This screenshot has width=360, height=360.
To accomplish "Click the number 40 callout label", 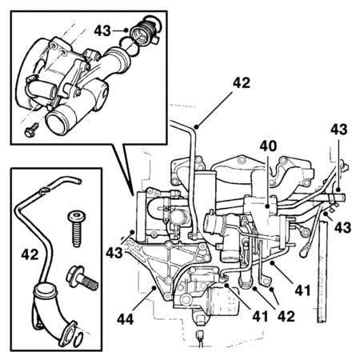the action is pos(268,146).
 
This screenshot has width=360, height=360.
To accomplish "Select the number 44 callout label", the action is pos(126,319).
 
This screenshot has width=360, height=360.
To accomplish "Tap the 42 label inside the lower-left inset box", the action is pos(30,254).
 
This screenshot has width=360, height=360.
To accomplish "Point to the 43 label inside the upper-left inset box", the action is pos(102,31).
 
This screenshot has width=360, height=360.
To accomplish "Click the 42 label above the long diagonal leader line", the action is pos(242,83).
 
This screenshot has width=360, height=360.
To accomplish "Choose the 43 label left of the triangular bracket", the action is pos(114,253).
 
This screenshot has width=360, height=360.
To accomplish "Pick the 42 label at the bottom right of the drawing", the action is pos(286,317).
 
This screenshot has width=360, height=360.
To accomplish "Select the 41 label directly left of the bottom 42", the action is pos(260,317).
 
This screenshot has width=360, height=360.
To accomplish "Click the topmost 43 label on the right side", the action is pos(339,130).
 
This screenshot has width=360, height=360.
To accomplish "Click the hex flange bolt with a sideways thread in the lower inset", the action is pos(82,278).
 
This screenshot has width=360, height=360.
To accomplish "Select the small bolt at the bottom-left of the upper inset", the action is pos(31,130).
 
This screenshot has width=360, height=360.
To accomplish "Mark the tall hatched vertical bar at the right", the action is pos(322,271).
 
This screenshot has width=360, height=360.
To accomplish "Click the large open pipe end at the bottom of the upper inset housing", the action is pos(58,123).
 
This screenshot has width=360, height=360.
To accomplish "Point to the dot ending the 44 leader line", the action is pos(154,287).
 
